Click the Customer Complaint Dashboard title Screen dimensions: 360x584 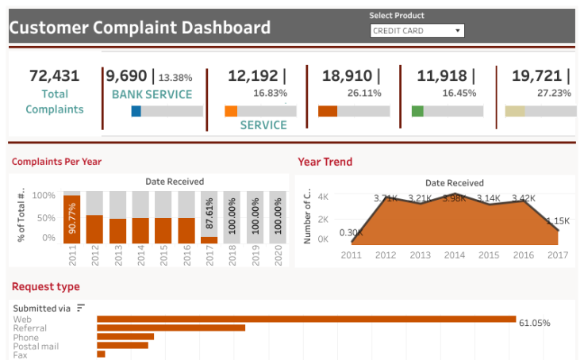pyautogui.click(x=140, y=28)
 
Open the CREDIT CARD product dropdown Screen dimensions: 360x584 pyautogui.click(x=417, y=31)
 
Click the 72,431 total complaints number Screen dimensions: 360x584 pyautogui.click(x=54, y=76)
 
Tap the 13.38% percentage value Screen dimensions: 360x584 pyautogui.click(x=175, y=78)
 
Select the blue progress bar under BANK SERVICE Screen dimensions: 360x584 pyautogui.click(x=136, y=111)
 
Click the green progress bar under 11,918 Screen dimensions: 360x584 pyautogui.click(x=417, y=111)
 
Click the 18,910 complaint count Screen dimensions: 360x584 pyautogui.click(x=346, y=76)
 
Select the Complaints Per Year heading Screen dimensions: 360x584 pyautogui.click(x=56, y=162)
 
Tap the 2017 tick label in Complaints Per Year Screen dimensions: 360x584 pyautogui.click(x=209, y=259)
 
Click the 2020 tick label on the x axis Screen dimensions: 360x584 pyautogui.click(x=278, y=259)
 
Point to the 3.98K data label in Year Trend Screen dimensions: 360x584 pyautogui.click(x=455, y=198)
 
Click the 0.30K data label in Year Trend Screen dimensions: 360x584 pyautogui.click(x=351, y=232)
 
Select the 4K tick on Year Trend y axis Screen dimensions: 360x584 pyautogui.click(x=323, y=196)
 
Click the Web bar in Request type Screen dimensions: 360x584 pyautogui.click(x=306, y=320)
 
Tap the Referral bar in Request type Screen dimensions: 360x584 pyautogui.click(x=171, y=327)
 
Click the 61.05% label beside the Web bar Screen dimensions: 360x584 pyautogui.click(x=534, y=323)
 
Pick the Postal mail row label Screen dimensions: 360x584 pyautogui.click(x=36, y=346)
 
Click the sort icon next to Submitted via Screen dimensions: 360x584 pyautogui.click(x=81, y=308)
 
